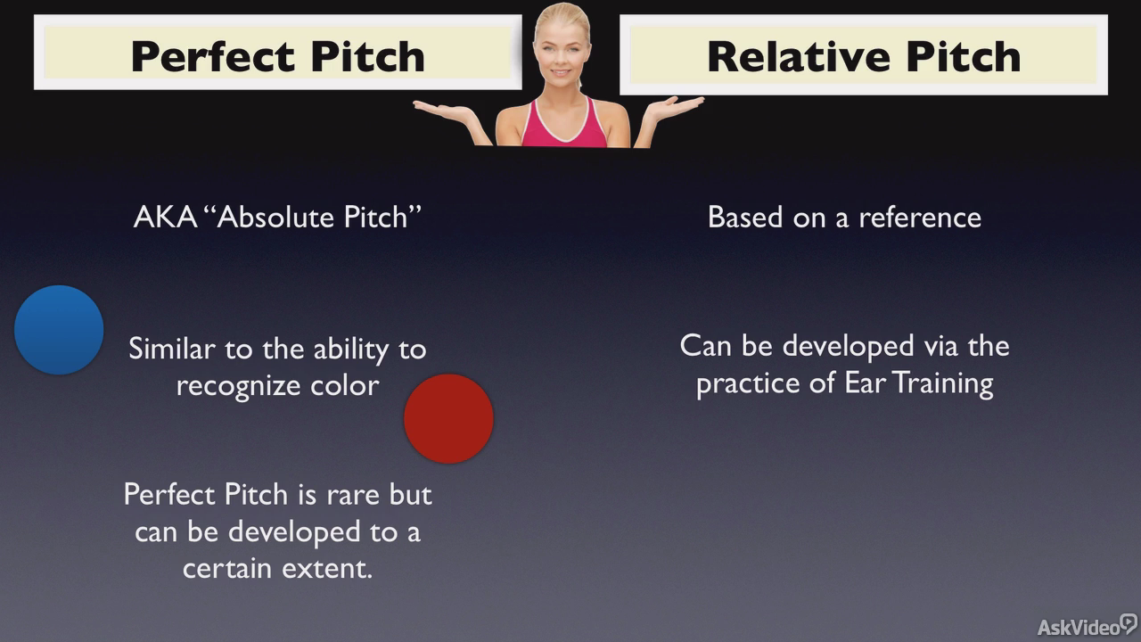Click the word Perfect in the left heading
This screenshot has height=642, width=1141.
tap(213, 56)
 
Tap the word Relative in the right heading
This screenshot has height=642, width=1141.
tap(798, 56)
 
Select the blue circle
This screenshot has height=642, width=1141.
tap(59, 330)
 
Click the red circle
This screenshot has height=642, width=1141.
tap(448, 419)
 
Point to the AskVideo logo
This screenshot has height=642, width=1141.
tap(1087, 626)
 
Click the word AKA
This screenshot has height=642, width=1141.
tap(166, 217)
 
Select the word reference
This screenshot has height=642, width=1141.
tap(920, 218)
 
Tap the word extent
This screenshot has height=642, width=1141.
tap(328, 568)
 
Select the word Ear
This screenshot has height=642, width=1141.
tap(865, 383)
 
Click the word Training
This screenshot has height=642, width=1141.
tap(943, 383)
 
